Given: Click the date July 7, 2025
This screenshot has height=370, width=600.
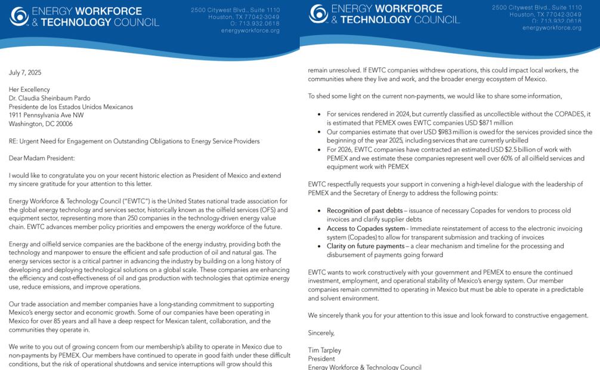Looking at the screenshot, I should click(x=25, y=73).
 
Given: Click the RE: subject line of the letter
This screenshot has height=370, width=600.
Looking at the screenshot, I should click(x=134, y=141).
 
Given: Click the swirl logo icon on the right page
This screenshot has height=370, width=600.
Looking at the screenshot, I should click(x=318, y=14).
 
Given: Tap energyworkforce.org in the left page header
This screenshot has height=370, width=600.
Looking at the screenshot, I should click(x=250, y=30).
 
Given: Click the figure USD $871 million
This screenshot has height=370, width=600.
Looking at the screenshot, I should click(x=491, y=123).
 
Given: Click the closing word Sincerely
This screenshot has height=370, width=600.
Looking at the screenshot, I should click(x=321, y=332).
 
